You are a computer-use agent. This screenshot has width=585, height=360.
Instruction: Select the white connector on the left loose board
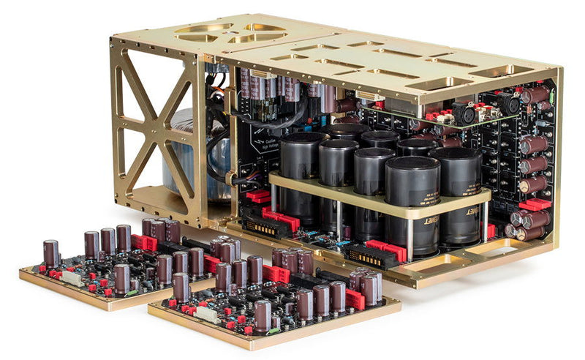74,277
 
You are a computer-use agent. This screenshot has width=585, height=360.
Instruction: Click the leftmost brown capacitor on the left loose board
50,252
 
